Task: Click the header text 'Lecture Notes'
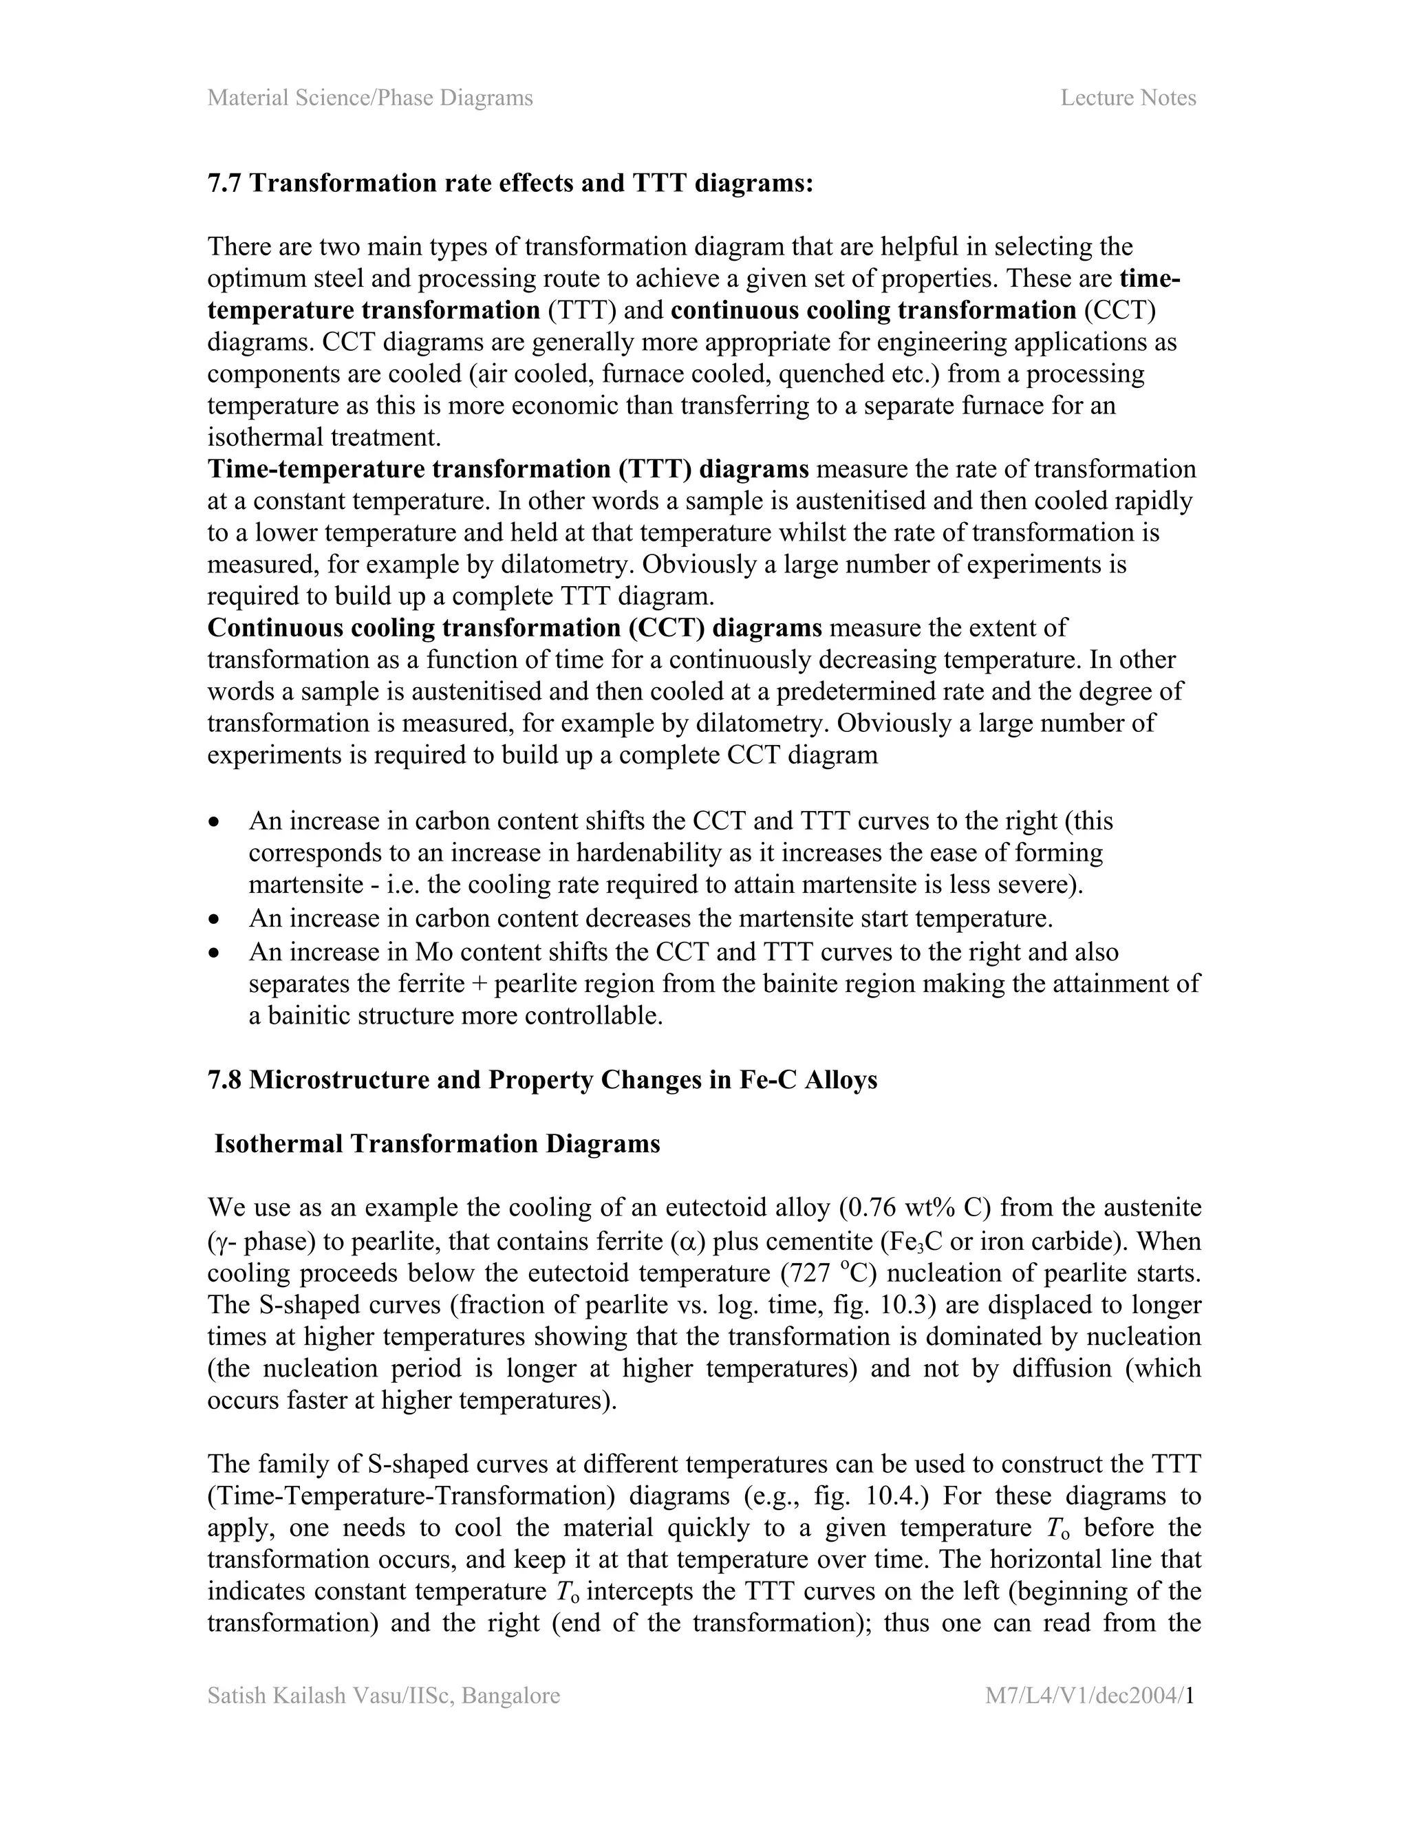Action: pos(1128,98)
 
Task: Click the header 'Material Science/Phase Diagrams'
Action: pos(369,98)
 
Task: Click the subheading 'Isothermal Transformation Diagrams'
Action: pos(437,1143)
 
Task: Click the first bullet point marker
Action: pos(215,822)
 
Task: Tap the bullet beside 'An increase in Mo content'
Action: pos(215,952)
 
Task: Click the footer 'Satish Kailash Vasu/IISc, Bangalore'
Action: pos(383,1695)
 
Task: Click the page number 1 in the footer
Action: pos(1191,1695)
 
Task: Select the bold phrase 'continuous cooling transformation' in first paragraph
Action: pos(873,310)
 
